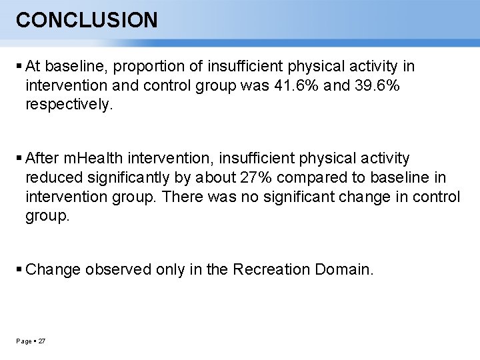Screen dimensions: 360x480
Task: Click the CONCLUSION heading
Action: [x=87, y=20]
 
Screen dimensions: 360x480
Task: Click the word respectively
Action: [x=69, y=105]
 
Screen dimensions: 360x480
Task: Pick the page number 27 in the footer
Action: [x=42, y=341]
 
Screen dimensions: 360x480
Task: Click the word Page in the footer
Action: [x=23, y=341]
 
